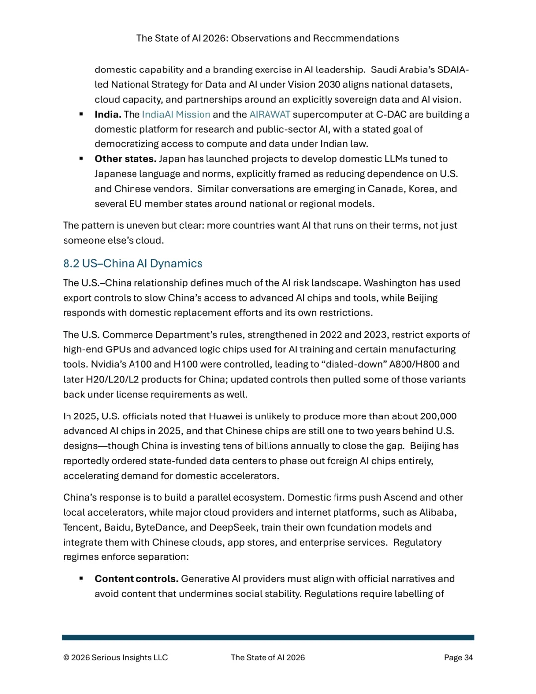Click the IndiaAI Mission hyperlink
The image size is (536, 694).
click(176, 114)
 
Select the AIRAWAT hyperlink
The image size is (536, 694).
click(269, 114)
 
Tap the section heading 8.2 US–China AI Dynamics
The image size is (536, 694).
click(133, 263)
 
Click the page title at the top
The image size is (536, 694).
click(268, 38)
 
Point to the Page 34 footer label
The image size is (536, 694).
click(458, 657)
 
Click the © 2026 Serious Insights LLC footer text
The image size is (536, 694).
click(115, 657)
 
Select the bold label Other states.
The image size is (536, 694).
click(126, 159)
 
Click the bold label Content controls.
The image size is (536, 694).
click(136, 579)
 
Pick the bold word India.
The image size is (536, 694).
click(108, 114)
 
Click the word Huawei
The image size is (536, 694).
click(226, 416)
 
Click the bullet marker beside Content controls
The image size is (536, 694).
click(81, 579)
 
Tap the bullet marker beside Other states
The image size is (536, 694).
click(81, 159)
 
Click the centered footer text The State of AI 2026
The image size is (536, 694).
click(268, 657)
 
